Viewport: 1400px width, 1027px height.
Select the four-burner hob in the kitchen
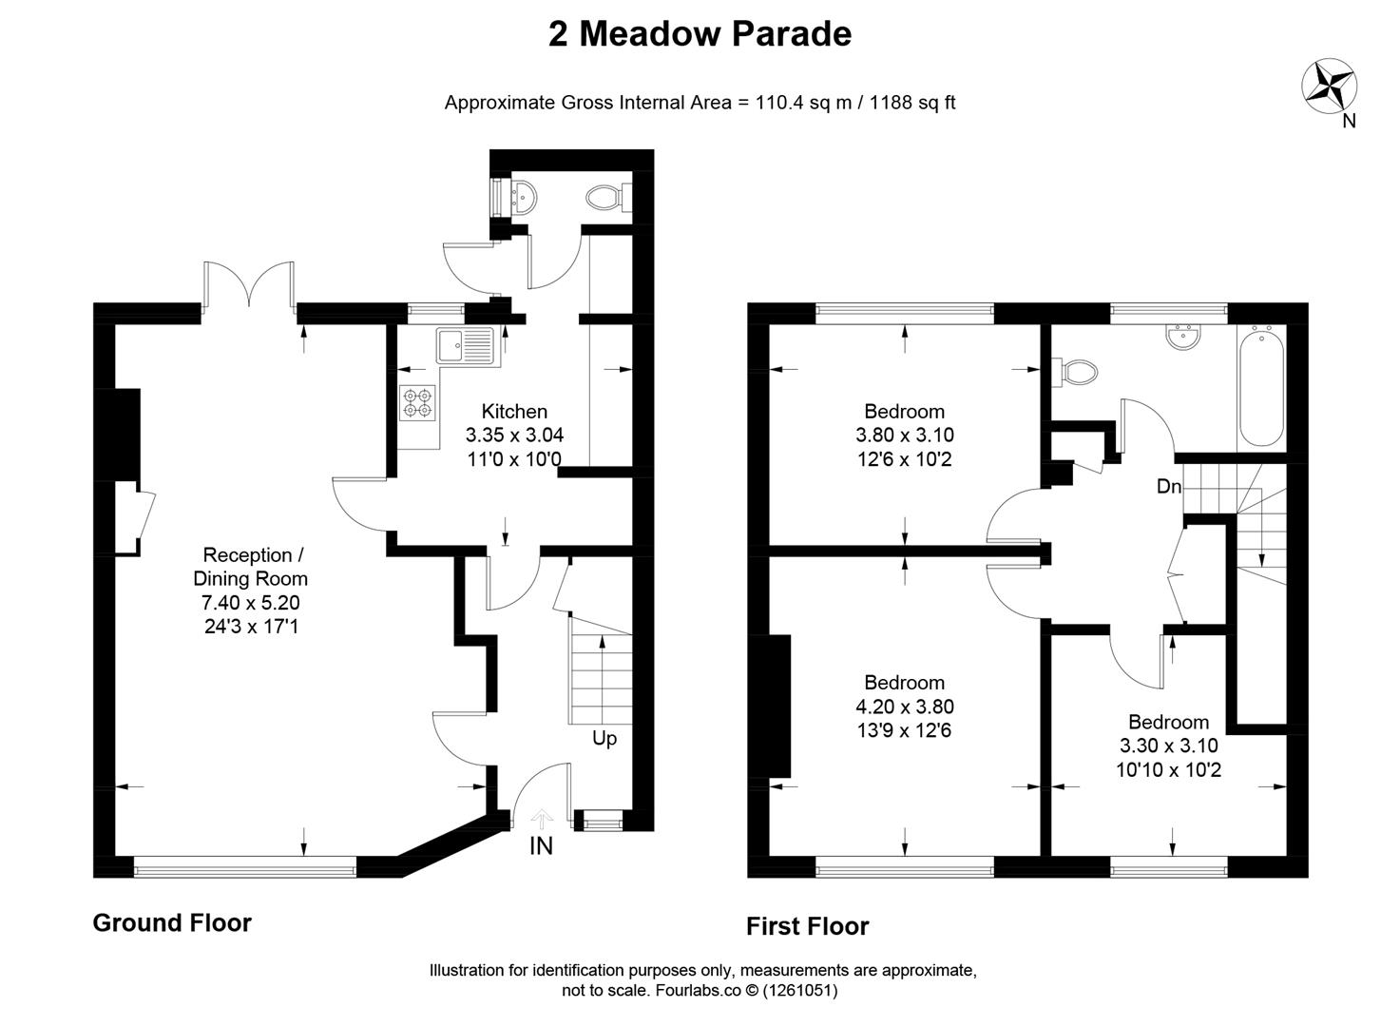[x=418, y=403]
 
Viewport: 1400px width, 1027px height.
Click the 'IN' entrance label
[x=541, y=846]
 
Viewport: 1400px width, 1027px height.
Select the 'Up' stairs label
[x=604, y=739]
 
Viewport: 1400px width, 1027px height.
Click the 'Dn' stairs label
[x=1169, y=486]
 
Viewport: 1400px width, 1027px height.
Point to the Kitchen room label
[x=514, y=412]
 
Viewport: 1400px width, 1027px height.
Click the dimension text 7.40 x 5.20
[x=251, y=602]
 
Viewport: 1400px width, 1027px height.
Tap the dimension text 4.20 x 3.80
[x=905, y=707]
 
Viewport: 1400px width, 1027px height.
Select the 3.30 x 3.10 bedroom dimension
[x=1169, y=746]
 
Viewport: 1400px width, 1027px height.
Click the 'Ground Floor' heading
[x=172, y=923]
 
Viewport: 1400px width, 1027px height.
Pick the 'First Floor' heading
[x=808, y=926]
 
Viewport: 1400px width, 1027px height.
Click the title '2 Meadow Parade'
[x=700, y=34]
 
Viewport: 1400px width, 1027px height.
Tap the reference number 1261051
[x=799, y=991]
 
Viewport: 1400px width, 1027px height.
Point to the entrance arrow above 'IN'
[x=541, y=820]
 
